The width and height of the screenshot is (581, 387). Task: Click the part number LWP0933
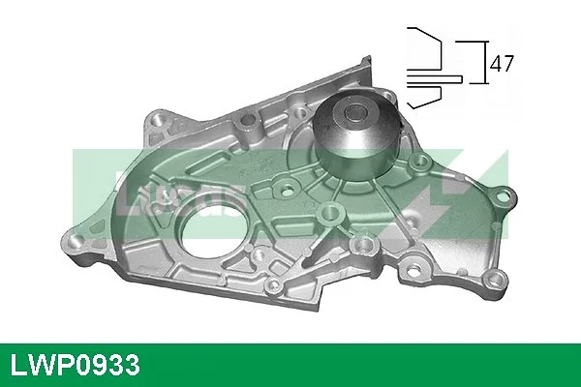[x=76, y=365]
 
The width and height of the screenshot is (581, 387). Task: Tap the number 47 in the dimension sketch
[x=502, y=63]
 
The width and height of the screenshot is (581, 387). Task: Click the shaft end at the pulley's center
[x=354, y=112]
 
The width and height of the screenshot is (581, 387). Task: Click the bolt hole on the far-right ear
[x=504, y=195]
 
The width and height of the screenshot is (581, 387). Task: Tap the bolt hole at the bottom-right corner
[x=496, y=279]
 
